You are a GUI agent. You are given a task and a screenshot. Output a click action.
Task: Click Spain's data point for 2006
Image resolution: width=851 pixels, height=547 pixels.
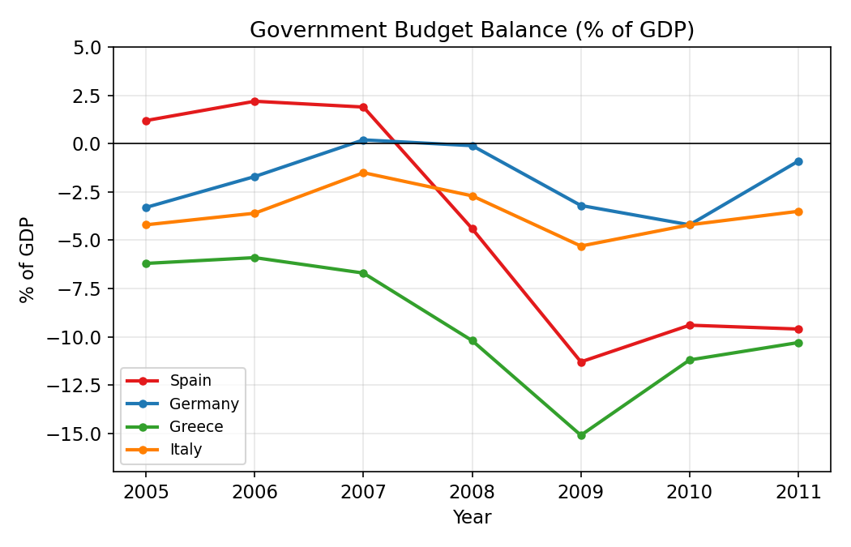pos(254,101)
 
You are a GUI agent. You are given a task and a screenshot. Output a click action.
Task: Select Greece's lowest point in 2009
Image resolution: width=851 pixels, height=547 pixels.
pos(581,435)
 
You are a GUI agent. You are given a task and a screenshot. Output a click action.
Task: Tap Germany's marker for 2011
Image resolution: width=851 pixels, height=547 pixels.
pos(798,161)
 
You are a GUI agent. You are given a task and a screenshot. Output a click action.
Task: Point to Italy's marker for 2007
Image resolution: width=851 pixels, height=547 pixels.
pos(363,173)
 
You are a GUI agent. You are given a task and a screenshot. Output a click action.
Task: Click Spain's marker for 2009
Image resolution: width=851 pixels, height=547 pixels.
pos(581,362)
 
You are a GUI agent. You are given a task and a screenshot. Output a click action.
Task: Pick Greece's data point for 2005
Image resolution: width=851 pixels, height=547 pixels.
pos(146,263)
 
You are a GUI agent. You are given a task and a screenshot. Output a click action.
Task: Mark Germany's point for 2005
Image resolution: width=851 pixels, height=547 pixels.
pos(146,207)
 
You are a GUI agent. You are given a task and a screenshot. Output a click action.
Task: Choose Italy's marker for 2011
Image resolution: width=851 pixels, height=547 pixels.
pos(798,212)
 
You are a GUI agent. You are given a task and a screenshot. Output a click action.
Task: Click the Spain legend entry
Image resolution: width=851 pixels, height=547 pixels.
pos(190,381)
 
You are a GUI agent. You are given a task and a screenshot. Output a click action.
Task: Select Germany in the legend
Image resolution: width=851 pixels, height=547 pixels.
pos(203,404)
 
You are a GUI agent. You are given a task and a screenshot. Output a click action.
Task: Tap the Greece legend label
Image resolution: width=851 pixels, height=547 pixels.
pos(196,426)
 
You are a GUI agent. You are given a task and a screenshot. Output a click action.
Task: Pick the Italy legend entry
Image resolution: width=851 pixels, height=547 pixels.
pos(186,449)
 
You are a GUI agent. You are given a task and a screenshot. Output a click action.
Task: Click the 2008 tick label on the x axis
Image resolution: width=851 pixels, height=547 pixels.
pos(473,491)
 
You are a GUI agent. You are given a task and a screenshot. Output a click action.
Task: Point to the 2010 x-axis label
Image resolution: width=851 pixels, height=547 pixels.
pos(690,491)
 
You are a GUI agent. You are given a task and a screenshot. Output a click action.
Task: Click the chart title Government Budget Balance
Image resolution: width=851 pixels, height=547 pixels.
pos(472,30)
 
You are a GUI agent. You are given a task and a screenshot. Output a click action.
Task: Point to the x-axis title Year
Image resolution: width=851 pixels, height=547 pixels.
pos(472,517)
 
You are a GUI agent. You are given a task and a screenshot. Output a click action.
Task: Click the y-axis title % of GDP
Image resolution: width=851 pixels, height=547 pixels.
pos(28,259)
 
